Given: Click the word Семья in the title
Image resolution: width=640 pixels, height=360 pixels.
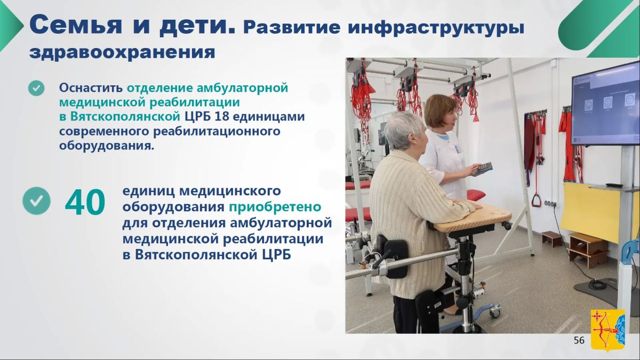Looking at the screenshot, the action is (x=75, y=25).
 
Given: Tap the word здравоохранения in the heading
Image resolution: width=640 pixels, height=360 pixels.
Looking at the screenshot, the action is (x=122, y=52).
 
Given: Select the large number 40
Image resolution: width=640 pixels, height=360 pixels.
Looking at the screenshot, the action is (x=85, y=202).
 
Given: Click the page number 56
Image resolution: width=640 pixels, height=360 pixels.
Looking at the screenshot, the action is (x=579, y=340).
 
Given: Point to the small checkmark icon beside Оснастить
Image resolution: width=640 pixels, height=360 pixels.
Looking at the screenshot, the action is (x=36, y=88).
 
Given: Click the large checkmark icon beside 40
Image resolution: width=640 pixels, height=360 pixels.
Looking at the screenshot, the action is (x=37, y=201).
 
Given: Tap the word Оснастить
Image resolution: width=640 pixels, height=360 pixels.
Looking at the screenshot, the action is (x=91, y=87).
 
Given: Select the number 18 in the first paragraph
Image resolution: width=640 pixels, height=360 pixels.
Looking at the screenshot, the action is (x=222, y=117).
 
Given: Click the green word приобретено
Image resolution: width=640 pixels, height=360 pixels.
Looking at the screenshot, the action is (x=275, y=207).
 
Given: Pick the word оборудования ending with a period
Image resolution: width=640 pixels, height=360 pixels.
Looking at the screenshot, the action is (x=107, y=146).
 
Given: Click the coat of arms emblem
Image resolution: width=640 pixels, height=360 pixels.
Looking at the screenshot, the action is (x=608, y=331).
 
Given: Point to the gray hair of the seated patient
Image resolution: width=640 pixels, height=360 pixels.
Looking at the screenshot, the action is (x=404, y=130).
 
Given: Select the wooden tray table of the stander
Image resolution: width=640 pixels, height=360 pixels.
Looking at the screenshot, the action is (x=473, y=219).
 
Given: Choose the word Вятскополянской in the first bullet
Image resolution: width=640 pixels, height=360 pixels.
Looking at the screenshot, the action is (x=125, y=117).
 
